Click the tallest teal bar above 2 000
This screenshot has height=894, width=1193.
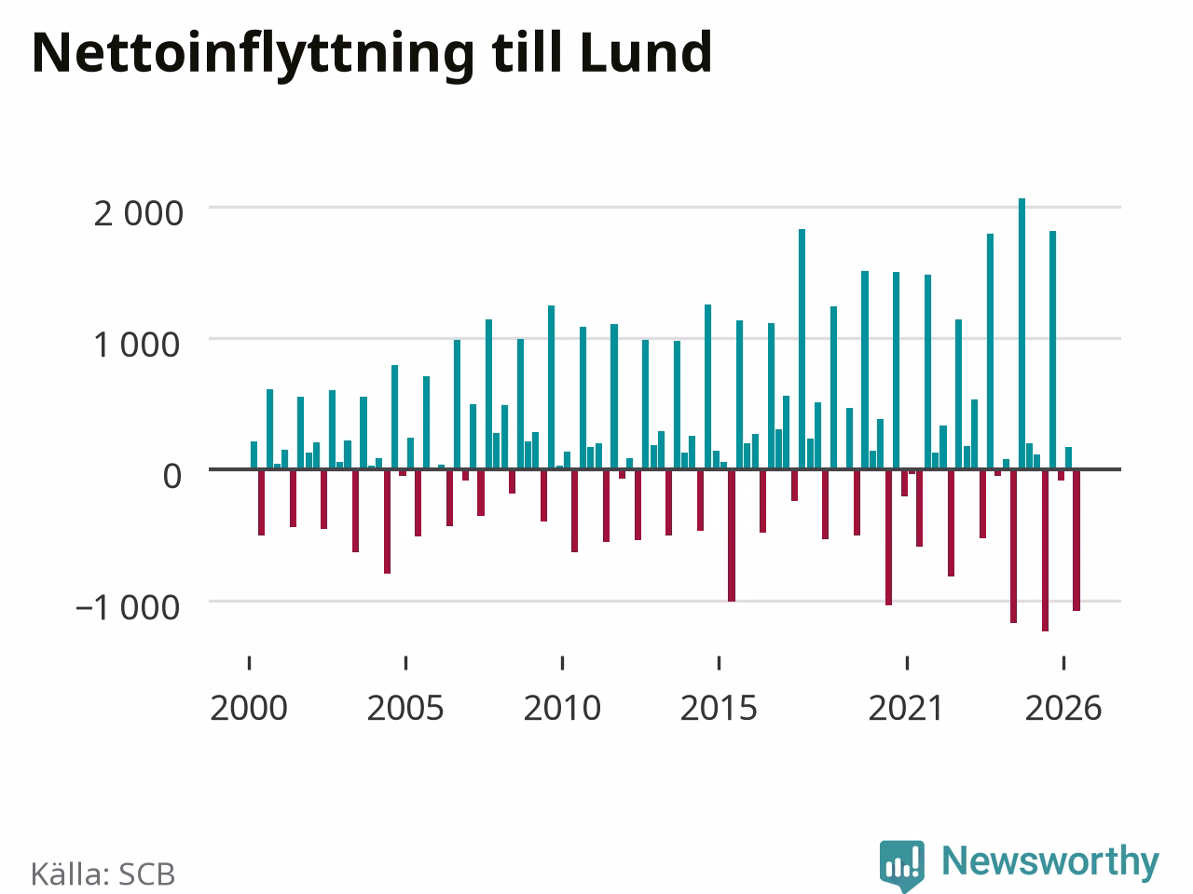(x=1022, y=333)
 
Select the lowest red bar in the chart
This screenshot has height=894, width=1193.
(x=1045, y=549)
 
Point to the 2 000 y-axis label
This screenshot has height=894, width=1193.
(x=139, y=214)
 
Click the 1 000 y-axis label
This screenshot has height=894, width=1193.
(x=136, y=345)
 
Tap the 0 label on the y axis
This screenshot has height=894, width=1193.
(x=172, y=477)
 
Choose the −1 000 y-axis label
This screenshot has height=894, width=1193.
(x=128, y=608)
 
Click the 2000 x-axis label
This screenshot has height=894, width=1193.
(x=249, y=709)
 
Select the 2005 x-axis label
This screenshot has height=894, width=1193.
(x=405, y=709)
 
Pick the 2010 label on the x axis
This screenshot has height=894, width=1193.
(x=562, y=709)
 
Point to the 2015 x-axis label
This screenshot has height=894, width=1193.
(x=719, y=709)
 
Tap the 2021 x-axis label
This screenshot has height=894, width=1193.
(x=906, y=709)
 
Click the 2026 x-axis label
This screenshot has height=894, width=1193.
(x=1063, y=709)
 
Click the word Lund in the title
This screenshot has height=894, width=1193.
(x=646, y=53)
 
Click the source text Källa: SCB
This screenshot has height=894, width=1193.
(x=103, y=874)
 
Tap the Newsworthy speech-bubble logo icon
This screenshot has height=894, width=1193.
(x=902, y=865)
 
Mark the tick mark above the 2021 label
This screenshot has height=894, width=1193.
(x=907, y=663)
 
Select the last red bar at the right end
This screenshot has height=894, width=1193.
(x=1076, y=540)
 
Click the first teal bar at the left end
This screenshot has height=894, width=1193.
(x=254, y=454)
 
